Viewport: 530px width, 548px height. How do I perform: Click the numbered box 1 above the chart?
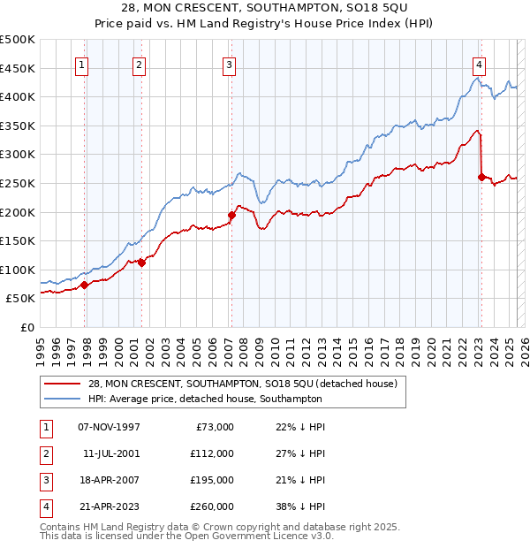[x=81, y=64]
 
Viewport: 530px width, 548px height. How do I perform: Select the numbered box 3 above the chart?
[x=229, y=64]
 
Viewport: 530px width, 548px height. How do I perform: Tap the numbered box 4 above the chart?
[x=478, y=64]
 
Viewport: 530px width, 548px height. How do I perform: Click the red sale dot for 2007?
[x=231, y=215]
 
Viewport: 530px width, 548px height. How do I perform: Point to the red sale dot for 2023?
[x=481, y=177]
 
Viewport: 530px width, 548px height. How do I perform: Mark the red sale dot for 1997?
[x=84, y=285]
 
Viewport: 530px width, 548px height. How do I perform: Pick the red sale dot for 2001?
[x=141, y=263]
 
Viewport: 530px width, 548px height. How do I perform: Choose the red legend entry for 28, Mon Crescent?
[x=243, y=384]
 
